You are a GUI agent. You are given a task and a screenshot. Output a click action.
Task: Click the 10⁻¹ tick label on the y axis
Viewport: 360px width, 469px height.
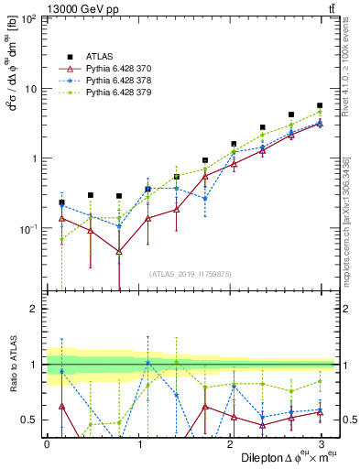(27, 228)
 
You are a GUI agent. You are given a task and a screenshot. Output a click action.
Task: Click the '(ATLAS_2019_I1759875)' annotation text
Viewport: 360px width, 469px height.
(191, 272)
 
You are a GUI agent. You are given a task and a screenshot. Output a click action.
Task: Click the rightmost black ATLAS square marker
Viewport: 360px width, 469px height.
(319, 105)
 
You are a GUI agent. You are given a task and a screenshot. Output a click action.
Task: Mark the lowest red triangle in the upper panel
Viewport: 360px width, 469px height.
(119, 251)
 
